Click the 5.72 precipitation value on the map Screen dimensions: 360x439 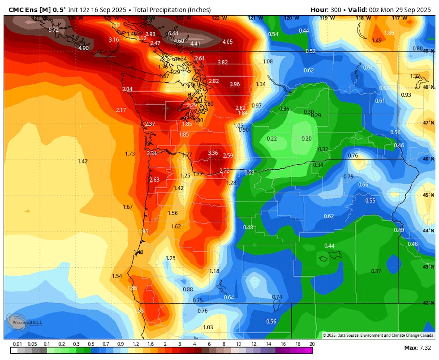point(53,30)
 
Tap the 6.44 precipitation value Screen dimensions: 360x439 point(173,34)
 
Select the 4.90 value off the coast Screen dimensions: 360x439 point(83,48)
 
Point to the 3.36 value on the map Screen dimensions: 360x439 point(213,153)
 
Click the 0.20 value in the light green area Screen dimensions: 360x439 point(306,139)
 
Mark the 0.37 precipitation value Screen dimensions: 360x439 point(376,271)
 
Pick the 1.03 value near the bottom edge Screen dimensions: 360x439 point(208,327)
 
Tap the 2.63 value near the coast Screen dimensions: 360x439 point(154,180)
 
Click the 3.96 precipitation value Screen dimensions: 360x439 point(235,84)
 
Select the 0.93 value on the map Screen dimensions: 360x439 point(406,95)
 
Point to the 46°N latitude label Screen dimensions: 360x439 point(429,159)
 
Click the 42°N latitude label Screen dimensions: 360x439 point(429,303)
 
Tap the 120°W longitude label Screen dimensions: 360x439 point(291,18)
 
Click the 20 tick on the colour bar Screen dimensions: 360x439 point(311,344)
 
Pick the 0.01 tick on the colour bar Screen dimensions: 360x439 point(17,344)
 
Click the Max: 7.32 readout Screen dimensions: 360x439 point(417,348)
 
